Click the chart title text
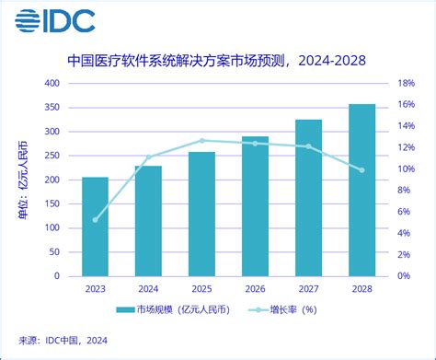pyautogui.click(x=217, y=61)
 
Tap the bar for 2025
pyautogui.click(x=201, y=214)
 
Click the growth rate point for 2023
pyautogui.click(x=95, y=219)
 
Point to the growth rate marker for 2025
pyautogui.click(x=201, y=141)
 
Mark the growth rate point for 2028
pyautogui.click(x=361, y=169)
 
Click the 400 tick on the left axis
pyautogui.click(x=52, y=83)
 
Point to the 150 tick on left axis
pyautogui.click(x=52, y=203)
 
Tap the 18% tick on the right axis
pyautogui.click(x=407, y=83)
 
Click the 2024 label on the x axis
pyautogui.click(x=148, y=288)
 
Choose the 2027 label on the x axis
pyautogui.click(x=308, y=288)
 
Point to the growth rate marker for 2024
pyautogui.click(x=148, y=157)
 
